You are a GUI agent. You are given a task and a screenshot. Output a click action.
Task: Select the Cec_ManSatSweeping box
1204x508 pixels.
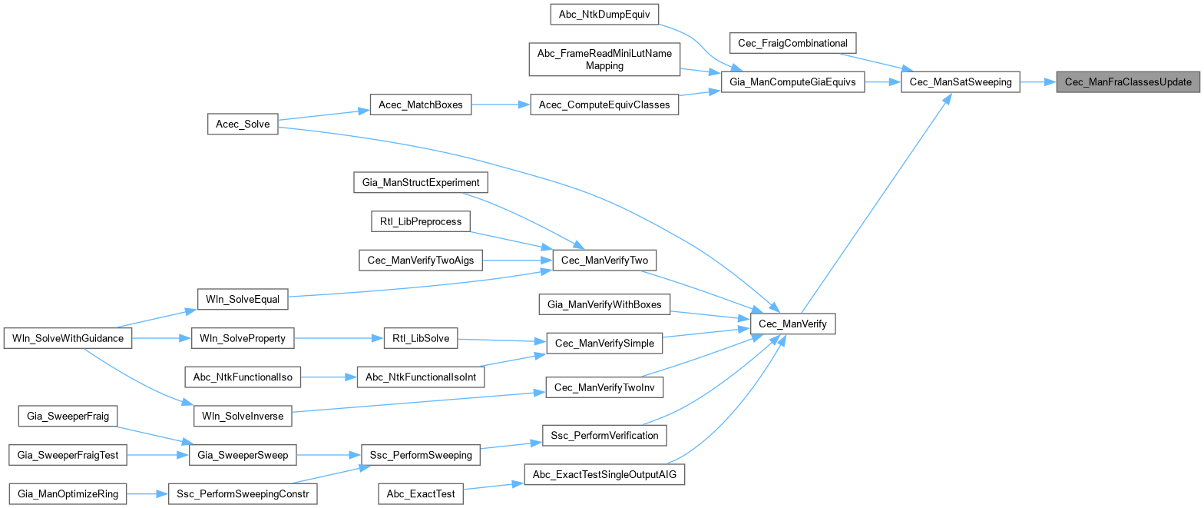coord(960,81)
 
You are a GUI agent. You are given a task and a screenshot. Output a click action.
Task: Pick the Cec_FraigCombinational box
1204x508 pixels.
coord(792,42)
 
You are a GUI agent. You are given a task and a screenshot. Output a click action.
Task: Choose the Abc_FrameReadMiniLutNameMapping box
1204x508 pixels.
coord(604,59)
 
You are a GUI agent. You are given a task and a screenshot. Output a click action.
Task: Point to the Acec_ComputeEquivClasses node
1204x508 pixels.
coord(604,105)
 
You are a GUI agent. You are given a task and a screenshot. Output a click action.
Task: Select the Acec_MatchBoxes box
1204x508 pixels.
coord(420,105)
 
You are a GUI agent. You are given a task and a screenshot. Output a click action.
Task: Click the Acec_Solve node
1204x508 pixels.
coord(243,124)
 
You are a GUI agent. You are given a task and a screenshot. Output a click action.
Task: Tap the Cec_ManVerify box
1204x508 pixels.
coord(792,324)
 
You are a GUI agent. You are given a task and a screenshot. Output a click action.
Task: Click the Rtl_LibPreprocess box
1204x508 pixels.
coord(420,221)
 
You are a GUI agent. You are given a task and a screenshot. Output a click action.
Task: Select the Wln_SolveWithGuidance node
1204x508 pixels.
coord(68,338)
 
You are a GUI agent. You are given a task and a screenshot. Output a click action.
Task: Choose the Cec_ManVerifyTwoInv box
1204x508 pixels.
coord(604,387)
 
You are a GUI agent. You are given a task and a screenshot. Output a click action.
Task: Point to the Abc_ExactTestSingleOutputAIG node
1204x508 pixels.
coord(604,474)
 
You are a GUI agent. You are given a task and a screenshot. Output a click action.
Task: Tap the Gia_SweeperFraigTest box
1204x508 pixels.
coord(68,455)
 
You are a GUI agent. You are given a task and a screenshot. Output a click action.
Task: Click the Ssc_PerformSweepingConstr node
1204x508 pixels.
coord(243,493)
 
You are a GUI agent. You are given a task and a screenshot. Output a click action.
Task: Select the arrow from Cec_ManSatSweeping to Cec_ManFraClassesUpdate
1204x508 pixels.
coord(1037,81)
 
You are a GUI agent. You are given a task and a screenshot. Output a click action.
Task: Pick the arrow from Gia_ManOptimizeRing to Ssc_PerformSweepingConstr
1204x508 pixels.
coord(147,493)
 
